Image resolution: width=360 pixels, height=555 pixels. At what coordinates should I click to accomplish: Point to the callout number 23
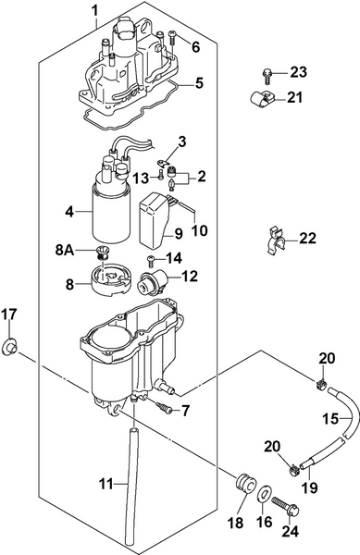(298, 71)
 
